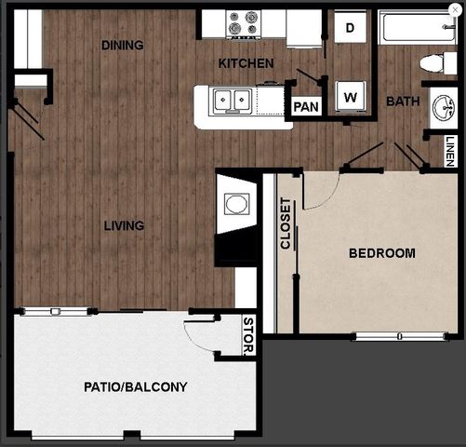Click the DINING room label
point(122,45)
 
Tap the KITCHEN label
point(246,63)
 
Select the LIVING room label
point(124,225)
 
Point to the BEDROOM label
point(381,253)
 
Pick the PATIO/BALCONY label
point(136,386)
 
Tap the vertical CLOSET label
point(286,225)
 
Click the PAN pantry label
point(305,106)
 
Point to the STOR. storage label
point(247,336)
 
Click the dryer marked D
point(351,28)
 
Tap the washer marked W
point(352,96)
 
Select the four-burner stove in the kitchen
point(244,23)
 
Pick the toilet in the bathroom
point(434,64)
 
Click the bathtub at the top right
point(416,27)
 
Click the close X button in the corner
point(455,10)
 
